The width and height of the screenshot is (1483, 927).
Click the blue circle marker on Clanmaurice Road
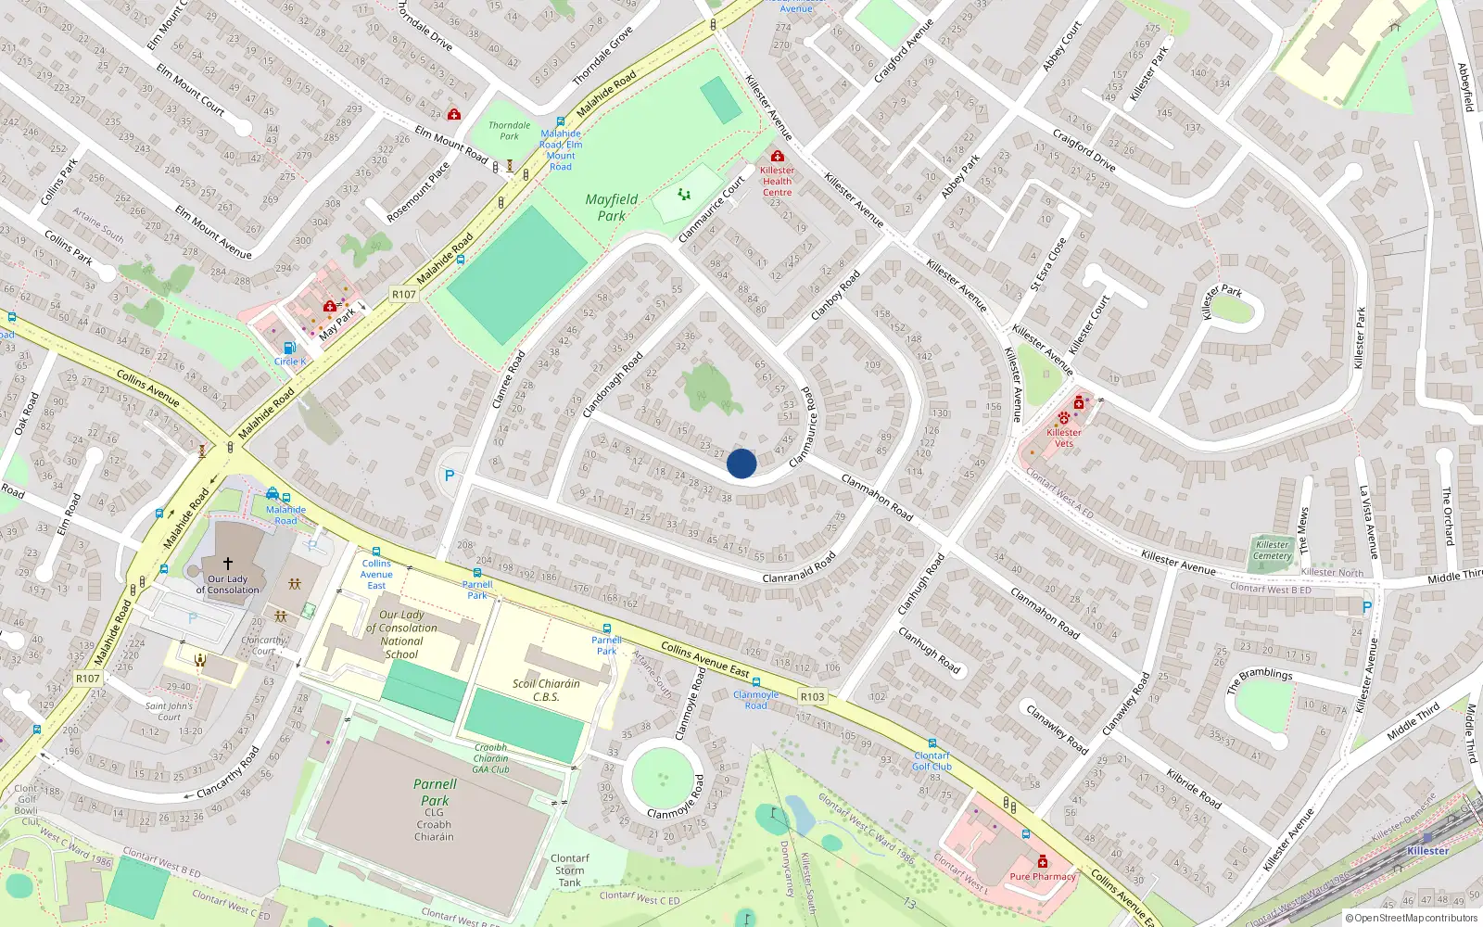(x=741, y=463)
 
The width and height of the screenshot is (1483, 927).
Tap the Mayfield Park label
(x=612, y=208)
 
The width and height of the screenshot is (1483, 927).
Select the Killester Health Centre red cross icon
(x=777, y=157)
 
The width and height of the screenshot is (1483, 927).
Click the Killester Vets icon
(x=1064, y=419)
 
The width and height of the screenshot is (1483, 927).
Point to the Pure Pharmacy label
(x=1043, y=876)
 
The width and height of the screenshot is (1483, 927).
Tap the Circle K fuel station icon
(x=289, y=349)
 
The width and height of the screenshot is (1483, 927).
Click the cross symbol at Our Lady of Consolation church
(x=228, y=563)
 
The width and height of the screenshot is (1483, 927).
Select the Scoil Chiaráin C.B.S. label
(x=546, y=690)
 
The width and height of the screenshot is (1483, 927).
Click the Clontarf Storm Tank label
(x=569, y=870)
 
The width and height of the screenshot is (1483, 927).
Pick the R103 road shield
(x=813, y=696)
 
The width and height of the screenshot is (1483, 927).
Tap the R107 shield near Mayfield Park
(x=404, y=294)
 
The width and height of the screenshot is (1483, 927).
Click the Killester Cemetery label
(x=1272, y=550)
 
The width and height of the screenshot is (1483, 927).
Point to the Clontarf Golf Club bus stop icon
(x=932, y=743)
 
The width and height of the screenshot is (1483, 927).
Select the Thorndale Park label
(x=510, y=131)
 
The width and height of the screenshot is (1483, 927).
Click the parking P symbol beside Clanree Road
(x=450, y=476)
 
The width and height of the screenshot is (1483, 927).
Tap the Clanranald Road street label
(x=799, y=567)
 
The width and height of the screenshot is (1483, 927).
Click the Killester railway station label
(x=1427, y=850)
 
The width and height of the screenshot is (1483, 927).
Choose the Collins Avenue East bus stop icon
(x=376, y=552)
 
